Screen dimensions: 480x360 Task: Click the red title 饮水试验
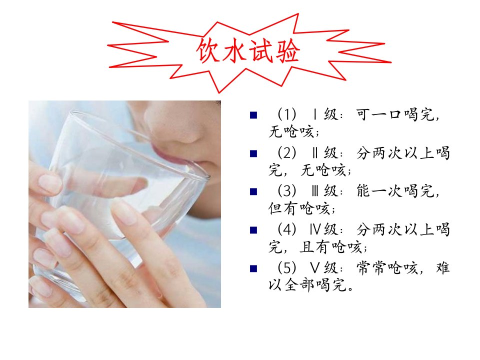tap(248, 50)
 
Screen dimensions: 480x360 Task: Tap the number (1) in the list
tap(287, 114)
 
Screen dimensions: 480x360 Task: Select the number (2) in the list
tap(287, 153)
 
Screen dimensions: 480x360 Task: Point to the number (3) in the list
tap(287, 191)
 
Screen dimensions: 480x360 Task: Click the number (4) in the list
tap(287, 229)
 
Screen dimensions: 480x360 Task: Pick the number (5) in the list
tap(287, 268)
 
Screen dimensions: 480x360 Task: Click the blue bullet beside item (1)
tap(253, 115)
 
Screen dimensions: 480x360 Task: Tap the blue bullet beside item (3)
tap(253, 191)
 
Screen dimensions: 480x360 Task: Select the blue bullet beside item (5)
tap(253, 268)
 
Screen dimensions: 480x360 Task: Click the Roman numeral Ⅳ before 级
tap(315, 229)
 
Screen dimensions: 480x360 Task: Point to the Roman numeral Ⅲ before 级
tap(315, 191)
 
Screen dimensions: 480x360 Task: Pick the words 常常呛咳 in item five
tap(387, 268)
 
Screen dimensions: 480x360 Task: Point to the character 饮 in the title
tap(208, 50)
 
